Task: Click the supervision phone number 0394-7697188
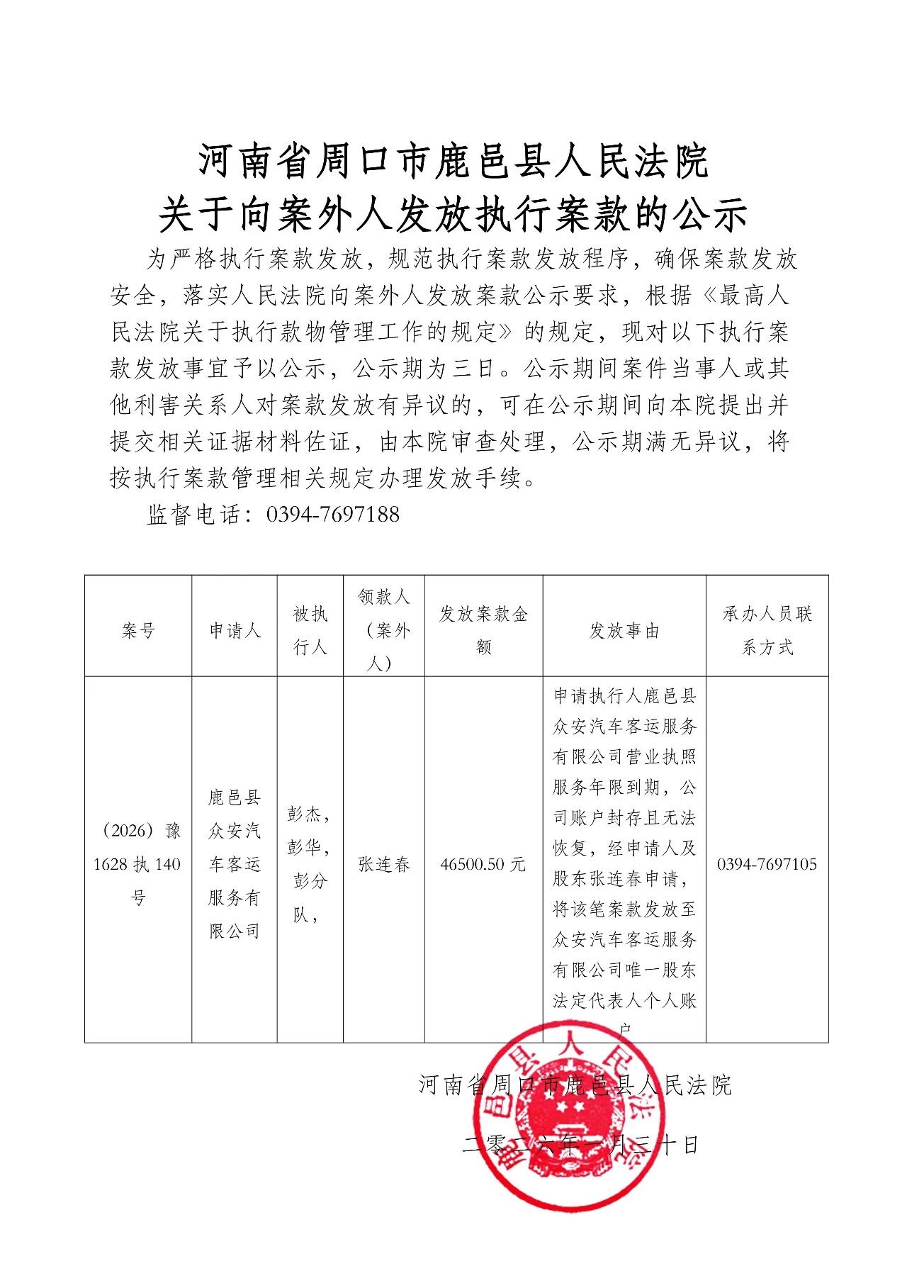pyautogui.click(x=332, y=515)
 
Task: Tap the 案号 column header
pyautogui.click(x=138, y=630)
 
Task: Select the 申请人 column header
pyautogui.click(x=235, y=630)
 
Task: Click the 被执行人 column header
pyautogui.click(x=310, y=630)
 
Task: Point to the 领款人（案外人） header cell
pyautogui.click(x=384, y=630)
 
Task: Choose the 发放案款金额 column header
pyautogui.click(x=484, y=630)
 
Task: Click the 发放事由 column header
pyautogui.click(x=624, y=630)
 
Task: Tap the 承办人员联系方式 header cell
pyautogui.click(x=767, y=630)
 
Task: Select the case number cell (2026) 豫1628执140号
pyautogui.click(x=138, y=864)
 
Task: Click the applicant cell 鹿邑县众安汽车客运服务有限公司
pyautogui.click(x=235, y=864)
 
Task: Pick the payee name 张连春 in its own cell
pyautogui.click(x=384, y=864)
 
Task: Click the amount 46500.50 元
pyautogui.click(x=483, y=864)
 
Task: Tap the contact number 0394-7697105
pyautogui.click(x=767, y=864)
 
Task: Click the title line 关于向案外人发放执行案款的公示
pyautogui.click(x=453, y=215)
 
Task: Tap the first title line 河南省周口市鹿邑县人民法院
pyautogui.click(x=453, y=162)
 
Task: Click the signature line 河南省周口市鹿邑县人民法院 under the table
pyautogui.click(x=575, y=1085)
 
